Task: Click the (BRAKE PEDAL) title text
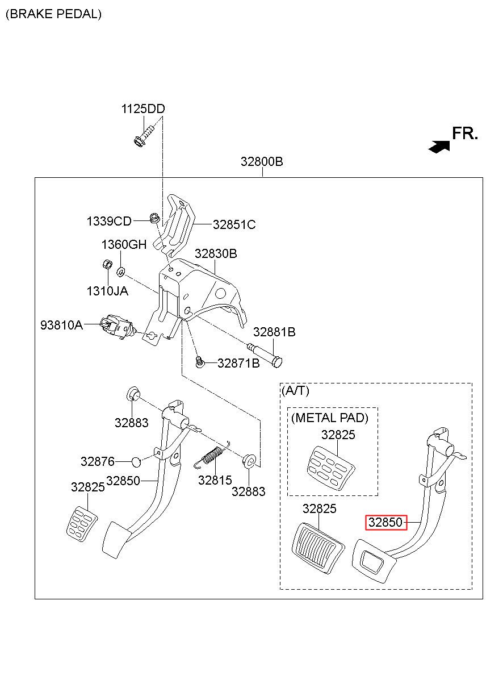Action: pos(54,14)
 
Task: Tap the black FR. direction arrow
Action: pos(439,147)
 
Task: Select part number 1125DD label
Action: pos(143,109)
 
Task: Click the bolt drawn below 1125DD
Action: pos(145,135)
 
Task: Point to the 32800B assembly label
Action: pos(262,161)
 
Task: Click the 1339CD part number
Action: pos(109,221)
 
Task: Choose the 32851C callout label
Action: pos(234,225)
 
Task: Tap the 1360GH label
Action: pos(124,244)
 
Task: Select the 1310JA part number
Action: pos(107,291)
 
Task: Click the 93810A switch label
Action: pos(62,325)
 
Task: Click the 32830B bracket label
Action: pos(216,254)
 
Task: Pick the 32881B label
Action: pos(274,332)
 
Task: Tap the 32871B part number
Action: pos(238,364)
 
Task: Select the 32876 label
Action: pos(98,461)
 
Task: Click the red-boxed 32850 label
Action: pos(385,522)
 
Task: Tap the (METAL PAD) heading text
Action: pos(330,418)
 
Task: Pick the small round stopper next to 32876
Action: pos(136,462)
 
